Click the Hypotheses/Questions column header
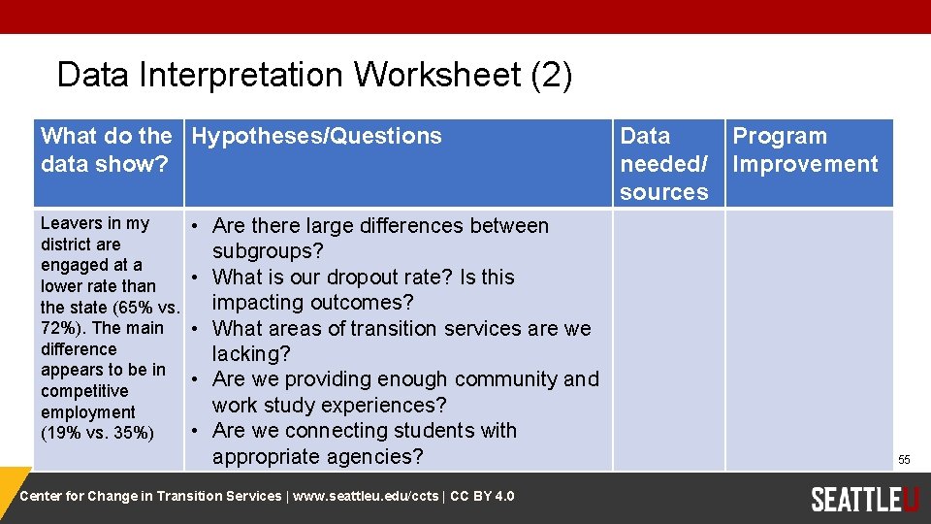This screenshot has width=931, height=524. pos(316,136)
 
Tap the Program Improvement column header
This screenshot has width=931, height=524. pos(804,150)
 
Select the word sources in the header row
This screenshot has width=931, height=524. pos(663,192)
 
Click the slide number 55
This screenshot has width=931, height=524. pos(904,459)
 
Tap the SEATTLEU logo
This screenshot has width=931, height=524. pos(864,499)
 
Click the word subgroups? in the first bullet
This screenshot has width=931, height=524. pos(269,251)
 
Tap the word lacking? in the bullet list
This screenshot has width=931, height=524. pos(251,354)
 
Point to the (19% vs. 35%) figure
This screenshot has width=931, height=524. pos(97,433)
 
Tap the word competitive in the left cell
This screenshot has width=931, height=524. pos(84,391)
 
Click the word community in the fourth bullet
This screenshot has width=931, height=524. pos(505,379)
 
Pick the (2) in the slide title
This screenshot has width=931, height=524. pos(552,75)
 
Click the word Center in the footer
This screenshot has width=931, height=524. pos(43,497)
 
